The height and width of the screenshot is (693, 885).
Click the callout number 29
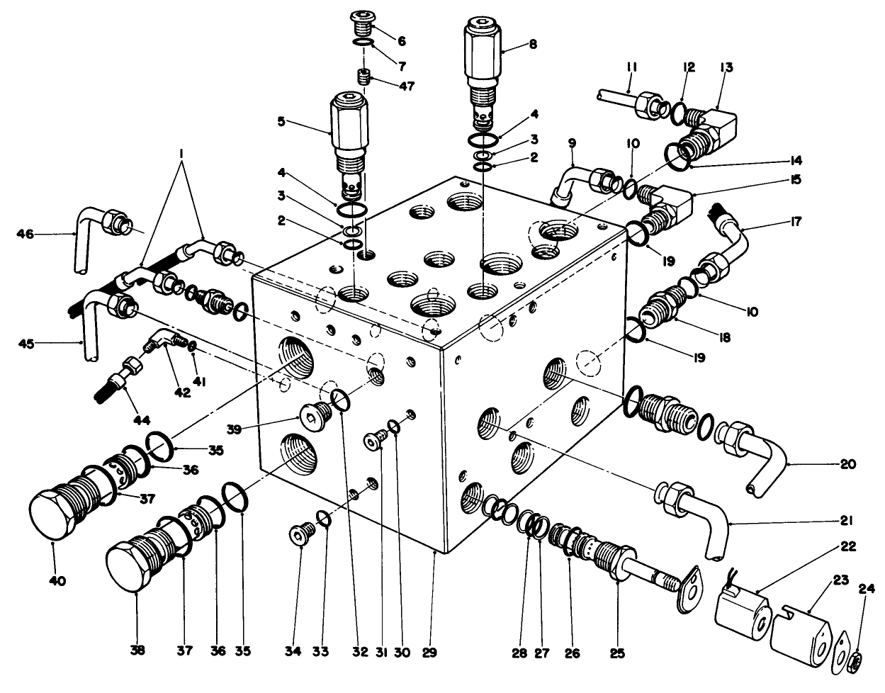pyautogui.click(x=433, y=650)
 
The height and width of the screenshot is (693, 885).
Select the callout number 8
pyautogui.click(x=533, y=44)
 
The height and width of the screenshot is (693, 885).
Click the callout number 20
pyautogui.click(x=847, y=465)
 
